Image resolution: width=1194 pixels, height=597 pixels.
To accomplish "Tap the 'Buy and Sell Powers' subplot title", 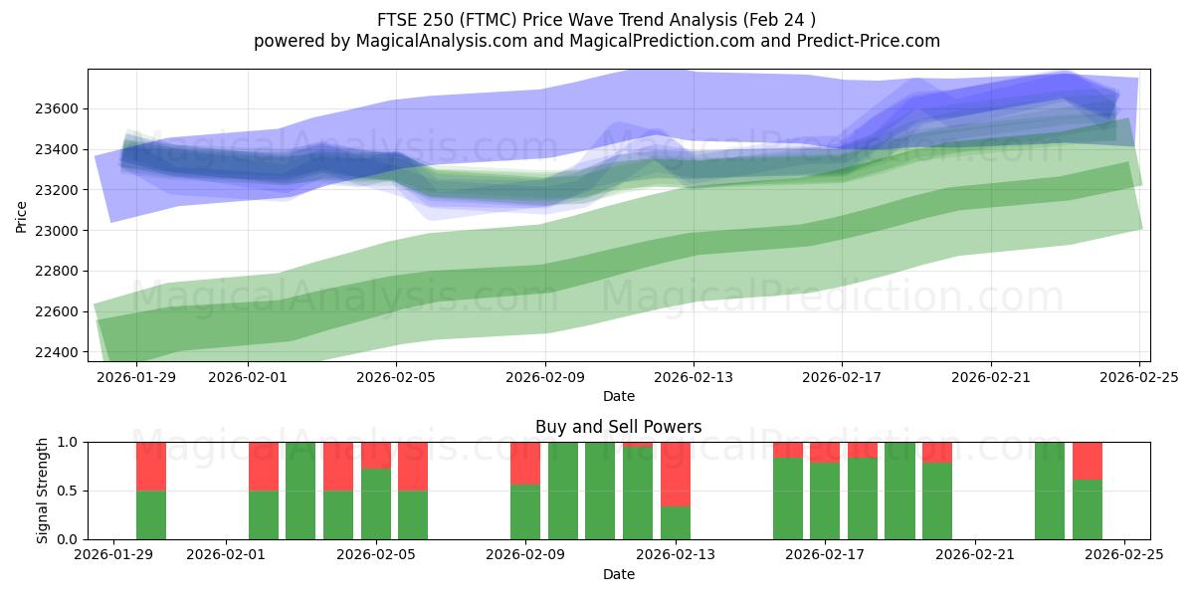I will pos(618,427).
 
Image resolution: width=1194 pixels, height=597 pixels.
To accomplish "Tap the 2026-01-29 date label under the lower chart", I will pos(114,556).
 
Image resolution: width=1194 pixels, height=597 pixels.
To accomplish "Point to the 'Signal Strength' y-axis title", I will pos(42,491).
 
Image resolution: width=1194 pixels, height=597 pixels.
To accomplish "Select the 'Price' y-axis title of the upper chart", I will pos(22,215).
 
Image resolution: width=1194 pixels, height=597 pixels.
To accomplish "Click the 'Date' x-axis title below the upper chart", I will pos(618,396).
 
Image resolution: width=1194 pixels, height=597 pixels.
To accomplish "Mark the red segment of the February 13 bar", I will pos(676,475).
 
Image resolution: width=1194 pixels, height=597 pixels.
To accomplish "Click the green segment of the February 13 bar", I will pos(676,523).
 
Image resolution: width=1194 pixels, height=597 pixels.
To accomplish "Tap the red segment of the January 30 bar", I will pos(151,467).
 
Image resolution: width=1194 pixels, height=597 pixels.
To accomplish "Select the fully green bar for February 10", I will pos(563,491).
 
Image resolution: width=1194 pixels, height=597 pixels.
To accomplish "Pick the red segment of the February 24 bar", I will pos(1088,461).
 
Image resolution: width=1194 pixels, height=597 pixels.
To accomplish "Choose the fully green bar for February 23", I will pos(1050,491).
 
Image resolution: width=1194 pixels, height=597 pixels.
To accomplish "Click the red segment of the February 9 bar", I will pos(525,463).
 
